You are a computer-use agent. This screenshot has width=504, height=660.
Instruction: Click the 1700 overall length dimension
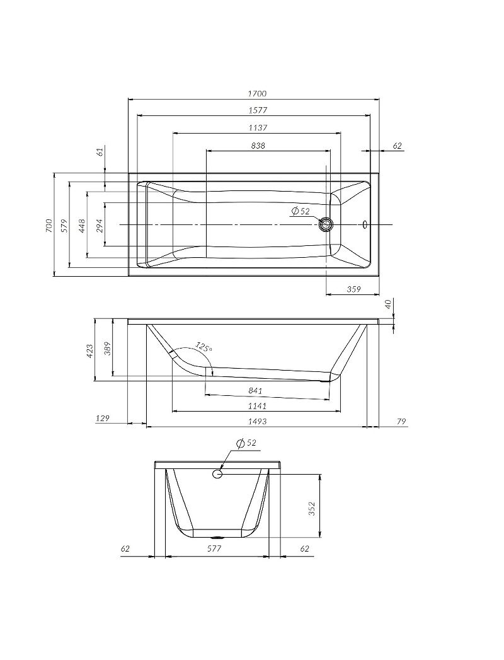(257, 93)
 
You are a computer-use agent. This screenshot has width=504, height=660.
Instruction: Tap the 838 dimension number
(258, 145)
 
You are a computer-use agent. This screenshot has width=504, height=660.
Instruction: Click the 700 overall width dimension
(49, 225)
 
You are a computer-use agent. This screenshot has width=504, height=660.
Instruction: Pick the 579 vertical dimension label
(64, 225)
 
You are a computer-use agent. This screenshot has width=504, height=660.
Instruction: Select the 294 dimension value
(100, 225)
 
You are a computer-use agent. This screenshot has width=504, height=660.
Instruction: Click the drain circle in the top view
(326, 224)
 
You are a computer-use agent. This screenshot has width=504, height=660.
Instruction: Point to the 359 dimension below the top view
(354, 289)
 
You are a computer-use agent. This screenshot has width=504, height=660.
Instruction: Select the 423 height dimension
(89, 350)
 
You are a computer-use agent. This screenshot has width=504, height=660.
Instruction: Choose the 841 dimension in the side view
(255, 391)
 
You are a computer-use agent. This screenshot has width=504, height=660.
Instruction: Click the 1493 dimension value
(258, 421)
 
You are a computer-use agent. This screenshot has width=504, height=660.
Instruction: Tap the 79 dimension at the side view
(401, 421)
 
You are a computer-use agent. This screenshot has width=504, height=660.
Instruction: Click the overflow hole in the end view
(218, 473)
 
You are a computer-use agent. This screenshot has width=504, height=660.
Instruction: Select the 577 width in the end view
(215, 549)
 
